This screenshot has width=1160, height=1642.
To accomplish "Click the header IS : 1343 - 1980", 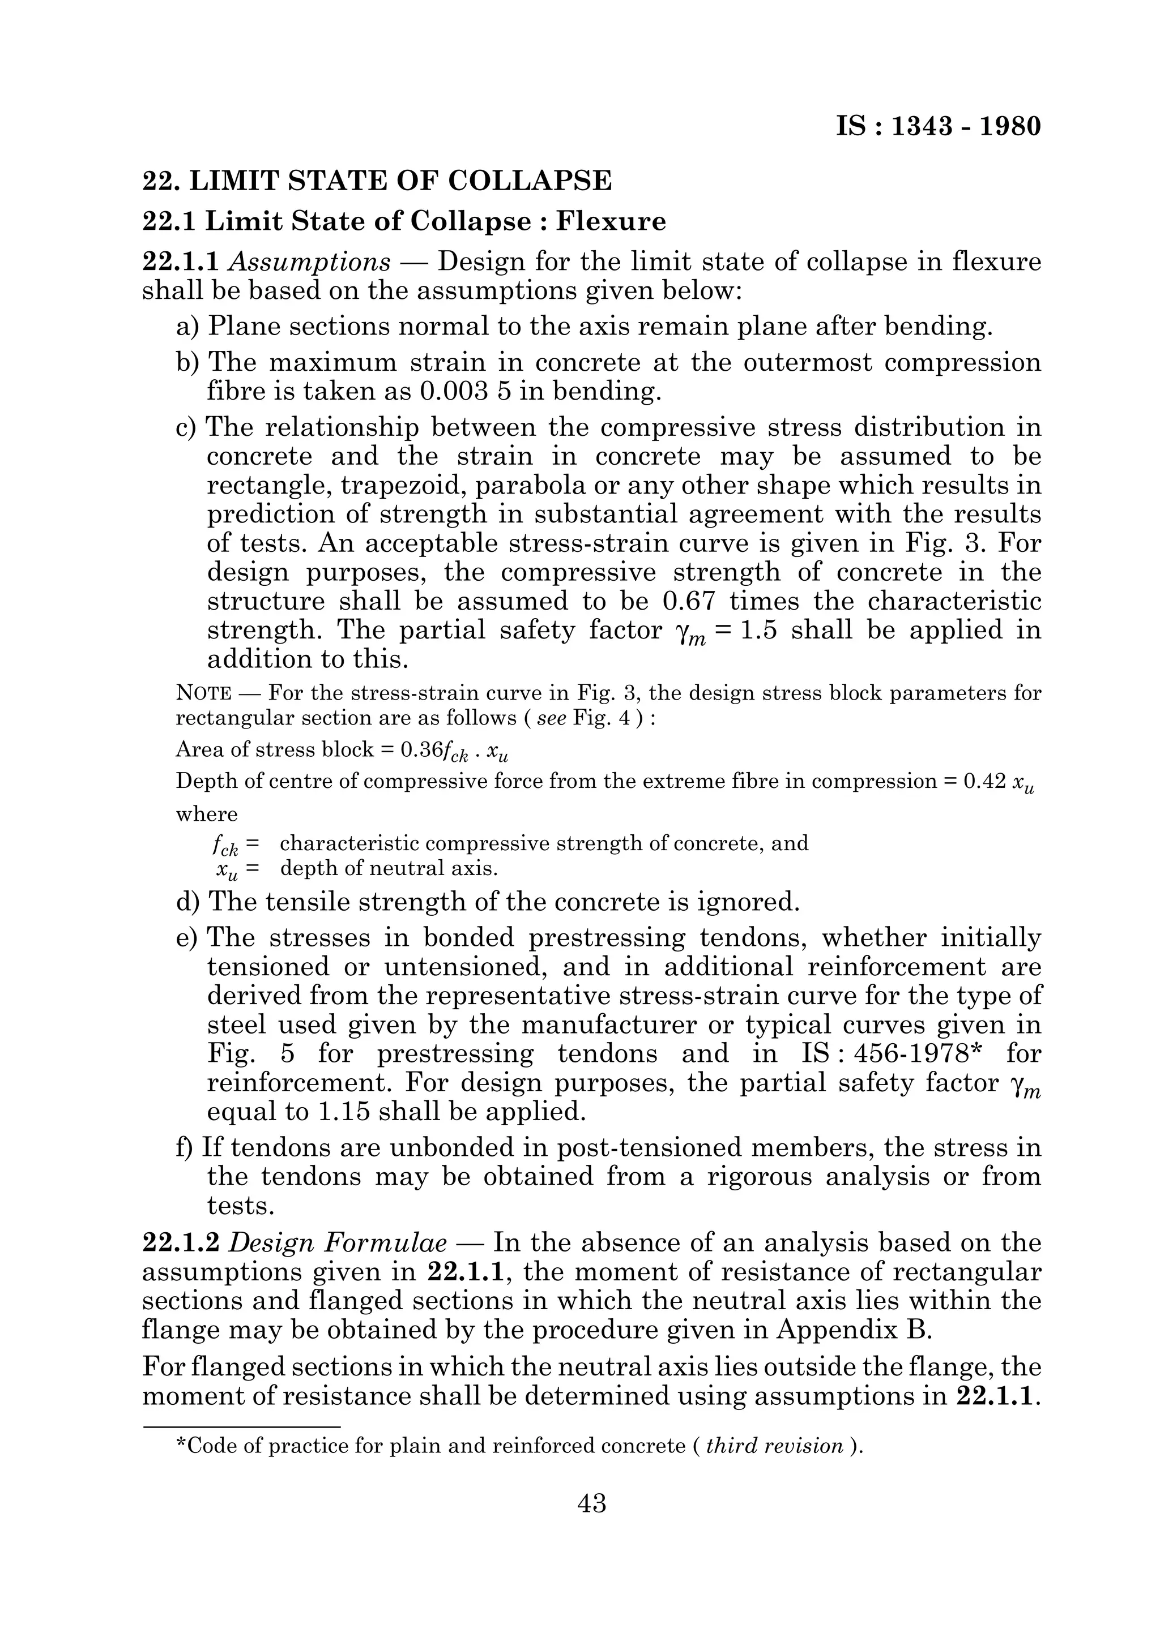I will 938,127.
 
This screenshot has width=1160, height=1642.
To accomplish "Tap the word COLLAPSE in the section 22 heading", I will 530,181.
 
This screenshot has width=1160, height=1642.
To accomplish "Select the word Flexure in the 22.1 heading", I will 611,222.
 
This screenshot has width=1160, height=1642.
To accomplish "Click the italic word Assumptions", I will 309,263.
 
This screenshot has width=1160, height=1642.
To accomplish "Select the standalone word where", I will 207,814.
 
